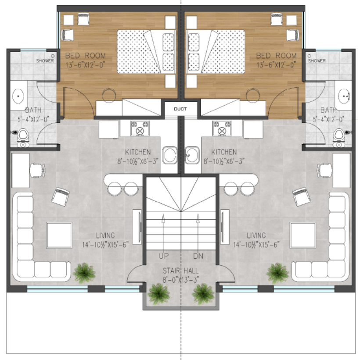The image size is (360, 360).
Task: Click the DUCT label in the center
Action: [x=180, y=109]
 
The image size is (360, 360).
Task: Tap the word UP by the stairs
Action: [x=164, y=256]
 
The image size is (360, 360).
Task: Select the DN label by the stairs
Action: [x=198, y=256]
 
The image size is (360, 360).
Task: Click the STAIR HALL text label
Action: [x=181, y=271]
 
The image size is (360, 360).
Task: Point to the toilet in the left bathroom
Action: [x=23, y=138]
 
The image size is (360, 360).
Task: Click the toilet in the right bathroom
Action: [x=339, y=138]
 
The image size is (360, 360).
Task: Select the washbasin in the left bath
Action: [x=18, y=96]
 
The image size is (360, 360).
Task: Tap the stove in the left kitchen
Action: [x=140, y=128]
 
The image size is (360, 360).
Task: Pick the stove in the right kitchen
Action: [x=222, y=128]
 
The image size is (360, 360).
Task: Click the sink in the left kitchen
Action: [x=169, y=155]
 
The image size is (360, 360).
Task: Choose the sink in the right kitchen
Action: [x=192, y=155]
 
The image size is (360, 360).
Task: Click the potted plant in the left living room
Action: [x=84, y=273]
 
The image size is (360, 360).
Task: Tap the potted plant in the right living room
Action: [x=277, y=273]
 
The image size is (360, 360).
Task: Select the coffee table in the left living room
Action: [x=59, y=235]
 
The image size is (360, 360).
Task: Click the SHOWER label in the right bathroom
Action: [x=317, y=61]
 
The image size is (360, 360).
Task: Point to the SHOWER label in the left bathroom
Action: [x=45, y=61]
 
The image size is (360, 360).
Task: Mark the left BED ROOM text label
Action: [x=86, y=56]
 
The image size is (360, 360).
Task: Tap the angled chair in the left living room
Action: [x=61, y=197]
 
